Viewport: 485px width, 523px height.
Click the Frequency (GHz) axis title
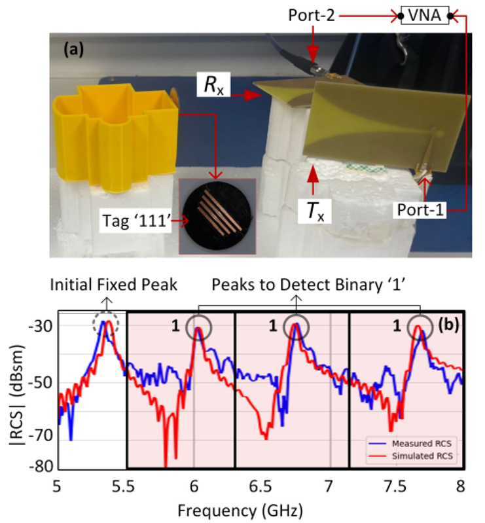coord(259,508)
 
